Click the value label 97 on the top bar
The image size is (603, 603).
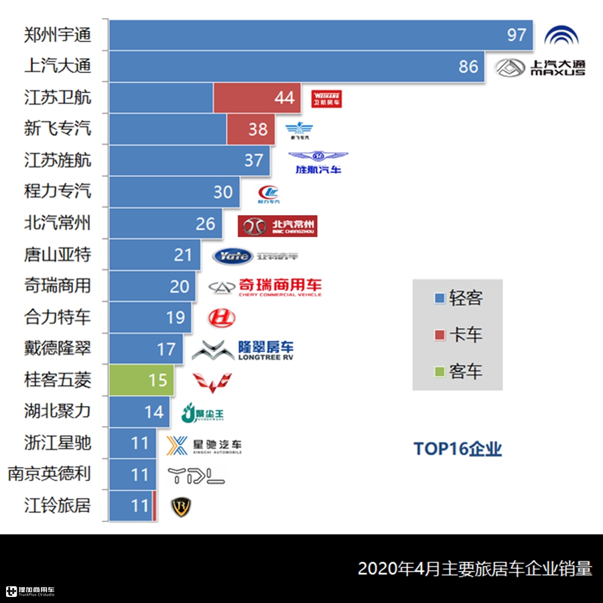tap(517, 35)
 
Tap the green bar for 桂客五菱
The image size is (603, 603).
tap(141, 380)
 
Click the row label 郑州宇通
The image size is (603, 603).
tap(58, 35)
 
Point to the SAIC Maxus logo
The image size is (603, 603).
tap(541, 67)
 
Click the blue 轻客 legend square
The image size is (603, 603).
tap(440, 298)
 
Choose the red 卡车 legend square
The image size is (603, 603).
tap(440, 334)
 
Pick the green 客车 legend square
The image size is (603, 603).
tap(440, 371)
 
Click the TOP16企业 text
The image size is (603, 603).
tap(458, 448)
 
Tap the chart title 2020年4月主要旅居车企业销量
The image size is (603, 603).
tap(475, 569)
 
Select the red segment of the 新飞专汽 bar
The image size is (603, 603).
tap(251, 129)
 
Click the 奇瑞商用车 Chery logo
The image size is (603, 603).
tap(265, 286)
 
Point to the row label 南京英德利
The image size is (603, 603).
tap(49, 474)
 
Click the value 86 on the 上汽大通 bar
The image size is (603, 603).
tap(468, 66)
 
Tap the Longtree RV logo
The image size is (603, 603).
tap(243, 349)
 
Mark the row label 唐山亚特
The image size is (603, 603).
tap(58, 255)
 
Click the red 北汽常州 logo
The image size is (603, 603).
tap(277, 226)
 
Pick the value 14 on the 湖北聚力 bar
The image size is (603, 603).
tap(154, 411)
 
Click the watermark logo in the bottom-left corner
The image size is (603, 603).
tap(30, 592)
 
